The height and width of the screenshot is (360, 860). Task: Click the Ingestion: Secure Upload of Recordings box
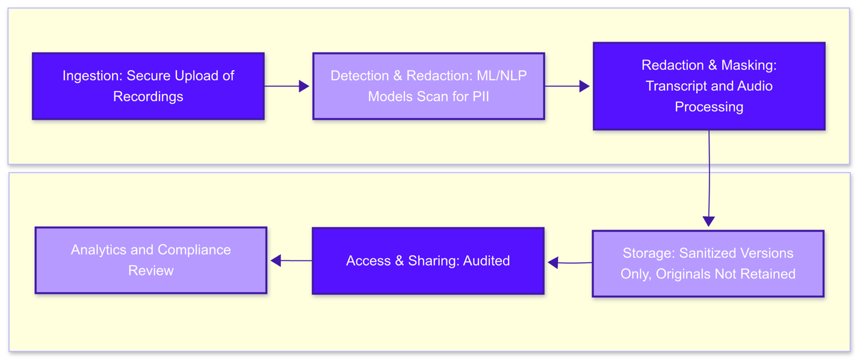click(x=148, y=86)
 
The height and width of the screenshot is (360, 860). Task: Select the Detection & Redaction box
click(x=428, y=86)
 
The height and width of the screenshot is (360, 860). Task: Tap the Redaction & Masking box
click(x=709, y=86)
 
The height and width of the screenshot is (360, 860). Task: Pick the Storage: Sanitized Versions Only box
click(x=708, y=264)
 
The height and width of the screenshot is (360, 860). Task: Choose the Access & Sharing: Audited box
click(x=428, y=261)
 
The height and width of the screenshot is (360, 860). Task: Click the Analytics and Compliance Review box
click(x=150, y=260)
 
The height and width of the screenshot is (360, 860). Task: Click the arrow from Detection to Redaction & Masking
click(x=568, y=86)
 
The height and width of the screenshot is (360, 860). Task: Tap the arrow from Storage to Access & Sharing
click(x=569, y=262)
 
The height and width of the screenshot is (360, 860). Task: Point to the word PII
click(x=480, y=96)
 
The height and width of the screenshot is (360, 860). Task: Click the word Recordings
click(x=148, y=96)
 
